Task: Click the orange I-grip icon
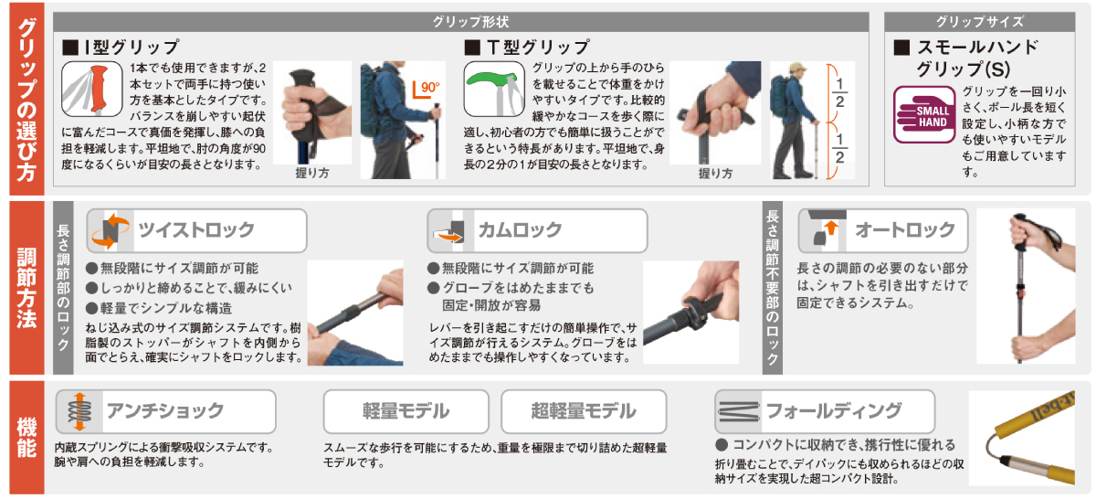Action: (92, 89)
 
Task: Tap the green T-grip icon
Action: (494, 89)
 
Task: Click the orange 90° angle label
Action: (426, 89)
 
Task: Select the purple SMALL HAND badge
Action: (923, 114)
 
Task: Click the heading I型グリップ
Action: (121, 48)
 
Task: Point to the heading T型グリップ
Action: (527, 48)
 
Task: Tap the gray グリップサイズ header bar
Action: (979, 22)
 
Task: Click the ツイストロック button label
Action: (196, 229)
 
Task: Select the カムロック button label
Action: (520, 229)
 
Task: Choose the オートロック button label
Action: (905, 229)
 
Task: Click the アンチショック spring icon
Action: (79, 411)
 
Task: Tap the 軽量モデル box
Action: (406, 411)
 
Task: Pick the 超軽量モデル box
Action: (584, 411)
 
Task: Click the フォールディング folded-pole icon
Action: (738, 411)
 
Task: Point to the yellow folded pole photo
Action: (1022, 439)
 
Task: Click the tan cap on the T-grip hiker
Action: (797, 68)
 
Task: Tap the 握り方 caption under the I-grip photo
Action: (312, 173)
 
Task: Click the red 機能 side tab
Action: (26, 437)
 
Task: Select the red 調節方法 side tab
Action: (26, 288)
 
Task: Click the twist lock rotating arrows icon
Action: (111, 230)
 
